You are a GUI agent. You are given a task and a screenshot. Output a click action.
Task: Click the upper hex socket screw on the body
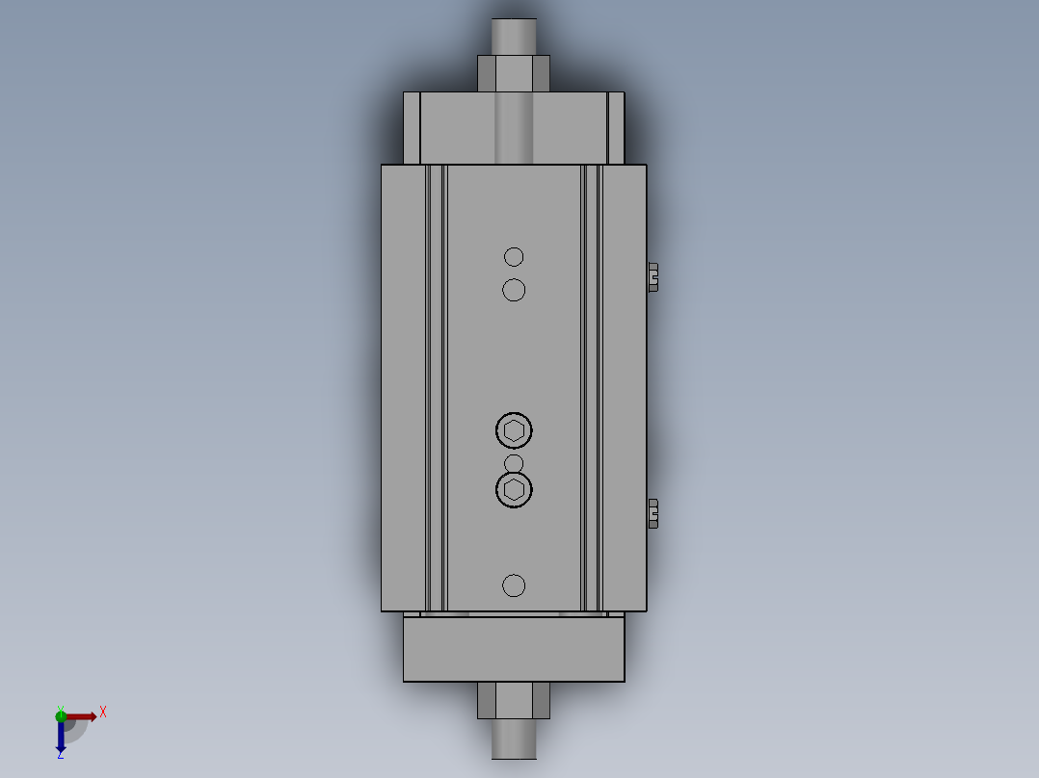click(514, 430)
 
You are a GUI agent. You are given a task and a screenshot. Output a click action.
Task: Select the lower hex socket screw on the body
click(514, 490)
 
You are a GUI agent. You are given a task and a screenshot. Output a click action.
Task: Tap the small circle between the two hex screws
click(514, 464)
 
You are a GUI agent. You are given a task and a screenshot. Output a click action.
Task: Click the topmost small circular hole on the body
click(514, 256)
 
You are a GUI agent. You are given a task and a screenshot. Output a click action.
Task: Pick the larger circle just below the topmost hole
click(514, 289)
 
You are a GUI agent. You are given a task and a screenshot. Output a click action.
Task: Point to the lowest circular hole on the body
click(514, 584)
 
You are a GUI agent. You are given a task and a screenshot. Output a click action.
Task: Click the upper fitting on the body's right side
click(653, 276)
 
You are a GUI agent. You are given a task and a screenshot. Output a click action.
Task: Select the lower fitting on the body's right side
click(653, 513)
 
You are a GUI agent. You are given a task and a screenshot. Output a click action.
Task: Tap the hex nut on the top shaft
click(514, 73)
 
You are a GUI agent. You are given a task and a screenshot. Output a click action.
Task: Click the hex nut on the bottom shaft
click(514, 700)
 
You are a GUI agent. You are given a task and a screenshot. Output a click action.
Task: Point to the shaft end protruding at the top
click(514, 36)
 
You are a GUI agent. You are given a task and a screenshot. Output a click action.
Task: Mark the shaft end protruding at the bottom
click(514, 739)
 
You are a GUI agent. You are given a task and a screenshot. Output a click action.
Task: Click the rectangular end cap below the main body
click(514, 649)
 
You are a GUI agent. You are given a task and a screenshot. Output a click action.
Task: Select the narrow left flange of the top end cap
click(412, 128)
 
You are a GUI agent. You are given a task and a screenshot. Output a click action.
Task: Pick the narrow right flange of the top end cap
click(616, 128)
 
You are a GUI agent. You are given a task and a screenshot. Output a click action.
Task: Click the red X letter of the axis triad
click(103, 713)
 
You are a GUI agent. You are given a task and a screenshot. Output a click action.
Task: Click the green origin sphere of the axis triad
click(61, 715)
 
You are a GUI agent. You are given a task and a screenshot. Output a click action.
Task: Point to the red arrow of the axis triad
click(83, 716)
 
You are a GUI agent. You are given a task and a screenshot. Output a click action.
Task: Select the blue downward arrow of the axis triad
click(61, 737)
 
